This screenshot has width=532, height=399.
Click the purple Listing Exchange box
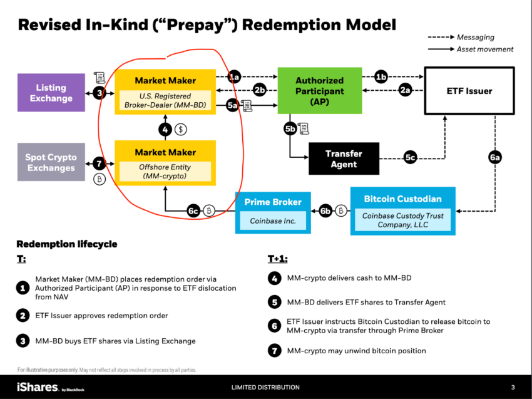pyautogui.click(x=51, y=93)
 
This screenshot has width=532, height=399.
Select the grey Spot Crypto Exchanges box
pyautogui.click(x=51, y=162)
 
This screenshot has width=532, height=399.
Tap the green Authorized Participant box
pyautogui.click(x=320, y=91)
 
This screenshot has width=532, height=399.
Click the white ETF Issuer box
pyautogui.click(x=469, y=91)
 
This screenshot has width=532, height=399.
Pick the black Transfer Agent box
pyautogui.click(x=344, y=158)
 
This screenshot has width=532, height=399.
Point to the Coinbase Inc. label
pyautogui.click(x=273, y=220)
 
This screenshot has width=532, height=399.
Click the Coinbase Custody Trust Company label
pyautogui.click(x=402, y=220)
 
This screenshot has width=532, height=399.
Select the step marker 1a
pyautogui.click(x=234, y=77)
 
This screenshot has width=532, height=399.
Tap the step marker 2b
pyautogui.click(x=260, y=90)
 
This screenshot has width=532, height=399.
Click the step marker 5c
pyautogui.click(x=410, y=158)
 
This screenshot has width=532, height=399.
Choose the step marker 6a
pyautogui.click(x=494, y=157)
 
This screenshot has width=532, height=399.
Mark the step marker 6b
pyautogui.click(x=325, y=211)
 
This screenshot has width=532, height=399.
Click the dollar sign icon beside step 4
pyautogui.click(x=181, y=130)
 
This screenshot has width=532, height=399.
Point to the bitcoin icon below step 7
pyautogui.click(x=100, y=179)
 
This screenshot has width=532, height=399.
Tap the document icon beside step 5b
pyautogui.click(x=304, y=128)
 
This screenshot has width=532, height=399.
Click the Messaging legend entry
pyautogui.click(x=461, y=37)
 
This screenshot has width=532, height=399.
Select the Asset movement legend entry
pyautogui.click(x=471, y=49)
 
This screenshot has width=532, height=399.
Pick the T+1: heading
pyautogui.click(x=277, y=259)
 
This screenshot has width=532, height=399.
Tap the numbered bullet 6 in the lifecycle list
pyautogui.click(x=275, y=326)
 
